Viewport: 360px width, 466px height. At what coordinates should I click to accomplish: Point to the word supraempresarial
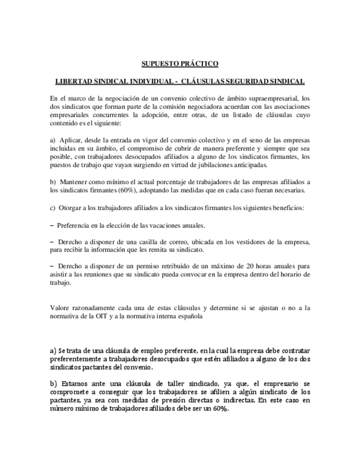261,98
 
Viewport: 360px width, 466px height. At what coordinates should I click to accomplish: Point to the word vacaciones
156,226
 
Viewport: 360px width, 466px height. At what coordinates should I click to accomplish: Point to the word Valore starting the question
59,308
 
